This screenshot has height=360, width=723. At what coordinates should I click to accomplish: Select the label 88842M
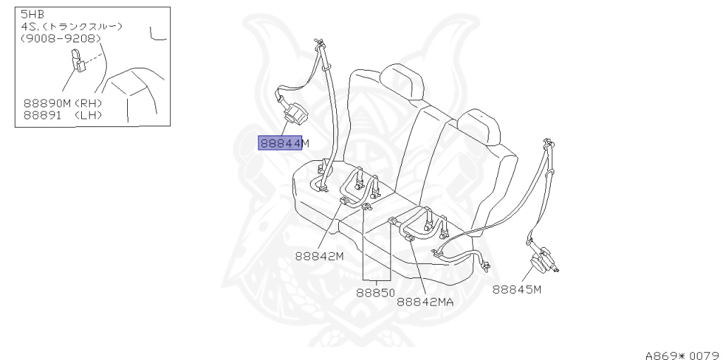click(320, 256)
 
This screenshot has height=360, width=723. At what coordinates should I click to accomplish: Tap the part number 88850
click(374, 290)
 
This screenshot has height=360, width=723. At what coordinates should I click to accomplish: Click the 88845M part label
click(516, 289)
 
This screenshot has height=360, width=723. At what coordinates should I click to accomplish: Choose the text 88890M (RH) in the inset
click(63, 103)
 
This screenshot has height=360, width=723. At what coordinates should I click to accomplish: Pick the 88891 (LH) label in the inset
click(63, 114)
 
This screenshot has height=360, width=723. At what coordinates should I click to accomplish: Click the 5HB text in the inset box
click(30, 14)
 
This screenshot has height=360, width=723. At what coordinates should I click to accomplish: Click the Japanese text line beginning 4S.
click(71, 26)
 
